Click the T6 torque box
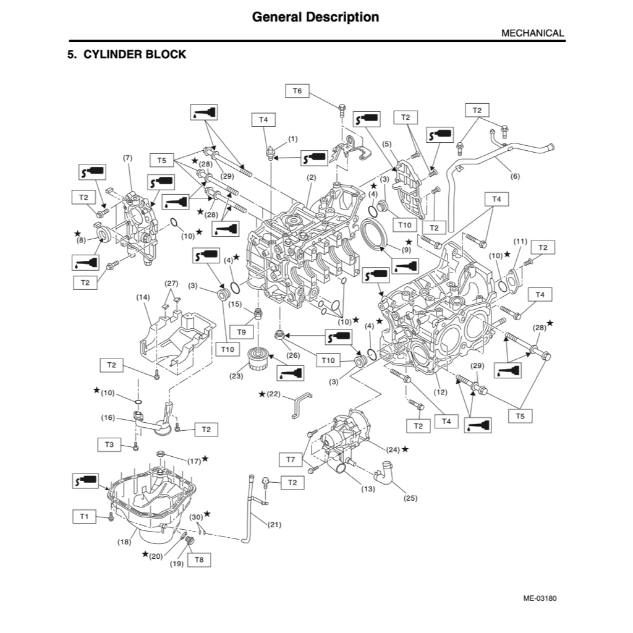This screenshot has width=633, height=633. pos(297,91)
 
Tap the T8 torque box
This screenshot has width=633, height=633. pos(199,560)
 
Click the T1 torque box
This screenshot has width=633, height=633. pos(85,515)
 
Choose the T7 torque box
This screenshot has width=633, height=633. pos(291,459)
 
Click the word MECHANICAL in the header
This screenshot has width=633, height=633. pos(532,33)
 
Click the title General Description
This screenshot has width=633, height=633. pos(315,17)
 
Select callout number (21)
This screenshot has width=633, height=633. pos(274,525)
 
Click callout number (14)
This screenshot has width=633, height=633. pos(143,297)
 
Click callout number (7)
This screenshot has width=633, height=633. pos(128,158)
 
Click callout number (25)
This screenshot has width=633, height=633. pos(410,498)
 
